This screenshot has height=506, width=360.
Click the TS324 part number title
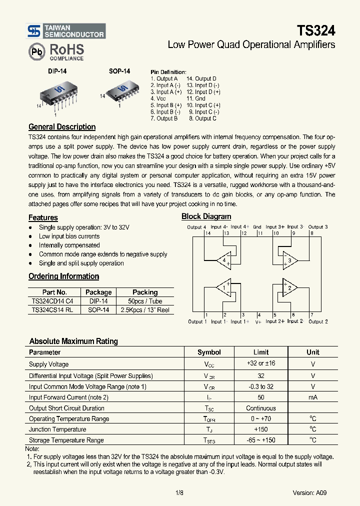[x=316, y=30]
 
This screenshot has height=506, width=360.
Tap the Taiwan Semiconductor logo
[x=34, y=31]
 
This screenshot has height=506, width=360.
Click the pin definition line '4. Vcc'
[x=158, y=98]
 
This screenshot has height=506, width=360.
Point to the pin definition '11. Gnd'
[x=195, y=98]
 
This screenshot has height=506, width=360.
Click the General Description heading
[x=62, y=127]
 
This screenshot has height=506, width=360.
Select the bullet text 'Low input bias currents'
[x=69, y=236]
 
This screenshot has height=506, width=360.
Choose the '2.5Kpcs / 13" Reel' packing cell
[x=145, y=310]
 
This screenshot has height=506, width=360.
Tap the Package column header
[x=98, y=292]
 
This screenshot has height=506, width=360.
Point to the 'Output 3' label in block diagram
[x=318, y=227]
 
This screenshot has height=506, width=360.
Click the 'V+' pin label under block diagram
[x=258, y=322]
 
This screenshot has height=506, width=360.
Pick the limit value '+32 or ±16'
[x=260, y=364]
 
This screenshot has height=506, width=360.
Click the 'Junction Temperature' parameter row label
[x=57, y=429]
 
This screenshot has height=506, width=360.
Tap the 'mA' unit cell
[x=312, y=397]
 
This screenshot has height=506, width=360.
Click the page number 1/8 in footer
[x=179, y=492]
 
